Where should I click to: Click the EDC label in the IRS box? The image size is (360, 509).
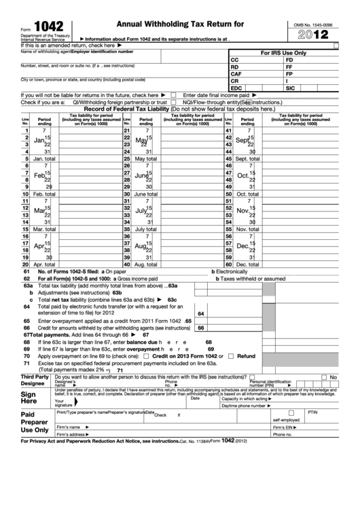click(x=236, y=88)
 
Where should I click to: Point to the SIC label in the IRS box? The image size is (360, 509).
click(x=290, y=88)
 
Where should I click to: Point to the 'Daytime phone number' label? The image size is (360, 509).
click(x=244, y=406)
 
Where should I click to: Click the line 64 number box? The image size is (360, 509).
click(x=200, y=314)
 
